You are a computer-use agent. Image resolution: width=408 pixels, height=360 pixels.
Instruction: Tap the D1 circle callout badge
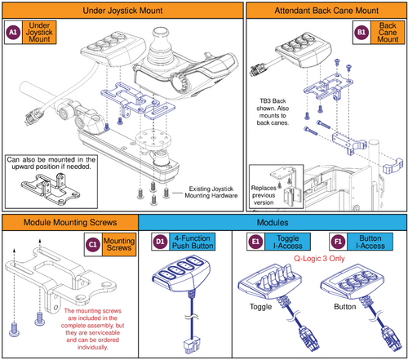click(x=160, y=242)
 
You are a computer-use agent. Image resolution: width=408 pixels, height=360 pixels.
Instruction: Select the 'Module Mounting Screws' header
click(x=69, y=222)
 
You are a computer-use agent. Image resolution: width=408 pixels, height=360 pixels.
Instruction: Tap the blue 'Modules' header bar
click(x=273, y=222)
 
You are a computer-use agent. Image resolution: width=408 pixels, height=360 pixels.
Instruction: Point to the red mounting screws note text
click(x=97, y=329)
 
